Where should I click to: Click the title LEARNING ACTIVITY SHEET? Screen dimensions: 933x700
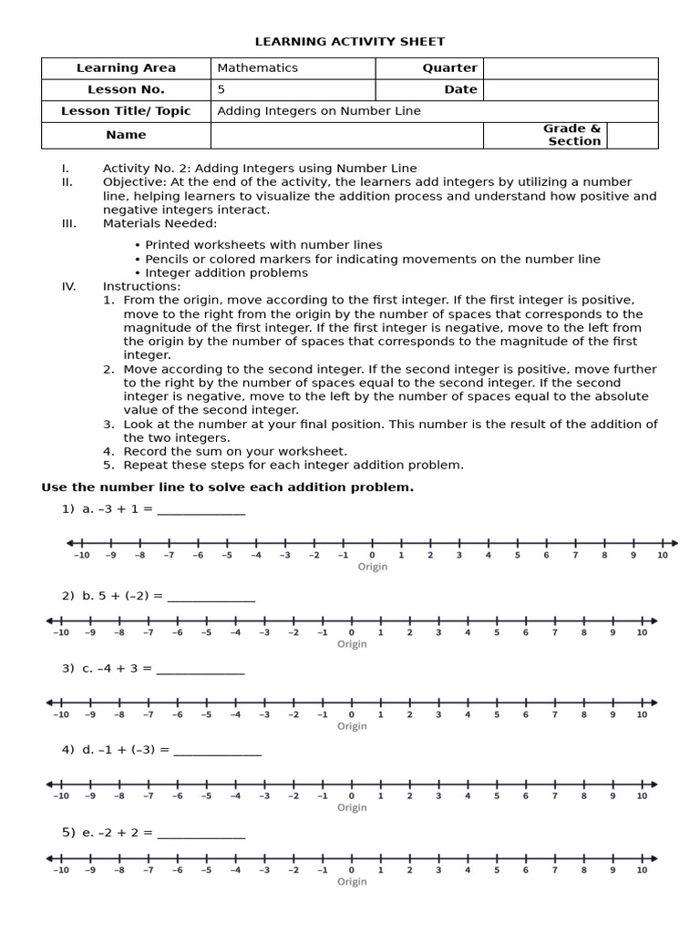click(350, 42)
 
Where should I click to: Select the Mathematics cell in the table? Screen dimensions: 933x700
click(258, 68)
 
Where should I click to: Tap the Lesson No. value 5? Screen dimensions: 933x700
click(221, 89)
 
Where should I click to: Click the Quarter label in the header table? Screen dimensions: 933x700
click(449, 68)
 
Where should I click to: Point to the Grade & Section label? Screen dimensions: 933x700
click(573, 135)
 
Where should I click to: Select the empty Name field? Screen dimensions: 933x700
click(346, 135)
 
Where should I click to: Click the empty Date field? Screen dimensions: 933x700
click(570, 89)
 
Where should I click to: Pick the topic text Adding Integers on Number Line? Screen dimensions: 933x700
click(319, 111)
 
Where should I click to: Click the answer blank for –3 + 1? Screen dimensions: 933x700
click(201, 509)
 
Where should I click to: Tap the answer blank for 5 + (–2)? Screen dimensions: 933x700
click(211, 597)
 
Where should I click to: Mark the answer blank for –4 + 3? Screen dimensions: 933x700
click(201, 669)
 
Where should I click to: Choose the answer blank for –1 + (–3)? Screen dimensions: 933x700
click(217, 750)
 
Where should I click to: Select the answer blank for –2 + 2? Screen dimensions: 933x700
click(201, 833)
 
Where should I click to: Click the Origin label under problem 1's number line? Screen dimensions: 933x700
click(372, 567)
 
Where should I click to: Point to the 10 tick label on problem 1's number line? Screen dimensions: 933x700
click(663, 555)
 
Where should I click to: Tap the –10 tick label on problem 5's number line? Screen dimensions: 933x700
click(60, 870)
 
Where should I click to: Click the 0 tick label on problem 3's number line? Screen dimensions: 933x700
click(352, 714)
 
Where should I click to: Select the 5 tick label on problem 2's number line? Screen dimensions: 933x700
click(497, 632)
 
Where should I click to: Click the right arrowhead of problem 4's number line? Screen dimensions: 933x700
click(652, 784)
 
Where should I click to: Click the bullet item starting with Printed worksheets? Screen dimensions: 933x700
click(263, 245)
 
